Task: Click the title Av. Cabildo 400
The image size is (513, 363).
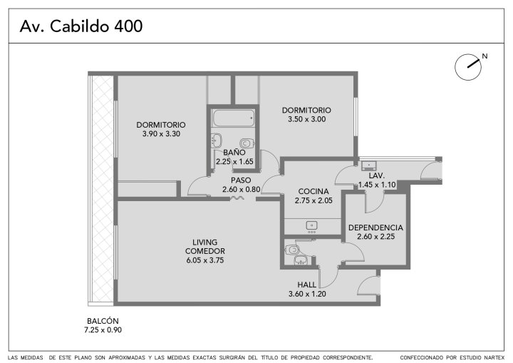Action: click(x=81, y=26)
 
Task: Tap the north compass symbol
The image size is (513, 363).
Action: click(x=468, y=67)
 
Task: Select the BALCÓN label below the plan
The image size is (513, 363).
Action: click(x=103, y=321)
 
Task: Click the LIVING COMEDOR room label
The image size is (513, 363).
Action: click(x=205, y=247)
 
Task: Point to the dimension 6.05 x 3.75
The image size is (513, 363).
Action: click(x=205, y=260)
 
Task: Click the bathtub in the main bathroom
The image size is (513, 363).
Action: click(x=233, y=118)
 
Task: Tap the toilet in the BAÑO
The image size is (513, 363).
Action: click(x=247, y=143)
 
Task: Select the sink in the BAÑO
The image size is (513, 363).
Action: click(x=217, y=140)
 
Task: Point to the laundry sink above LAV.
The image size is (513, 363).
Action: click(x=369, y=165)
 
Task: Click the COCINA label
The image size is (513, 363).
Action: click(x=313, y=191)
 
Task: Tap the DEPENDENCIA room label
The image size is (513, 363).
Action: click(x=375, y=227)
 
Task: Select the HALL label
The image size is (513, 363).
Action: click(x=307, y=285)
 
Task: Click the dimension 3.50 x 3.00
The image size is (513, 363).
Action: click(x=307, y=119)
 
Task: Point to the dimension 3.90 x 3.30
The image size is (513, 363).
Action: click(x=161, y=133)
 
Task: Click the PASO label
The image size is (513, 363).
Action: click(x=241, y=180)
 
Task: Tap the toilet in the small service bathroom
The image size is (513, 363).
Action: click(x=292, y=250)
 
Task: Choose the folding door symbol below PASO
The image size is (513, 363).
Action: click(x=237, y=198)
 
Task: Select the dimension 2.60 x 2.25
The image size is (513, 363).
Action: click(x=376, y=237)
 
